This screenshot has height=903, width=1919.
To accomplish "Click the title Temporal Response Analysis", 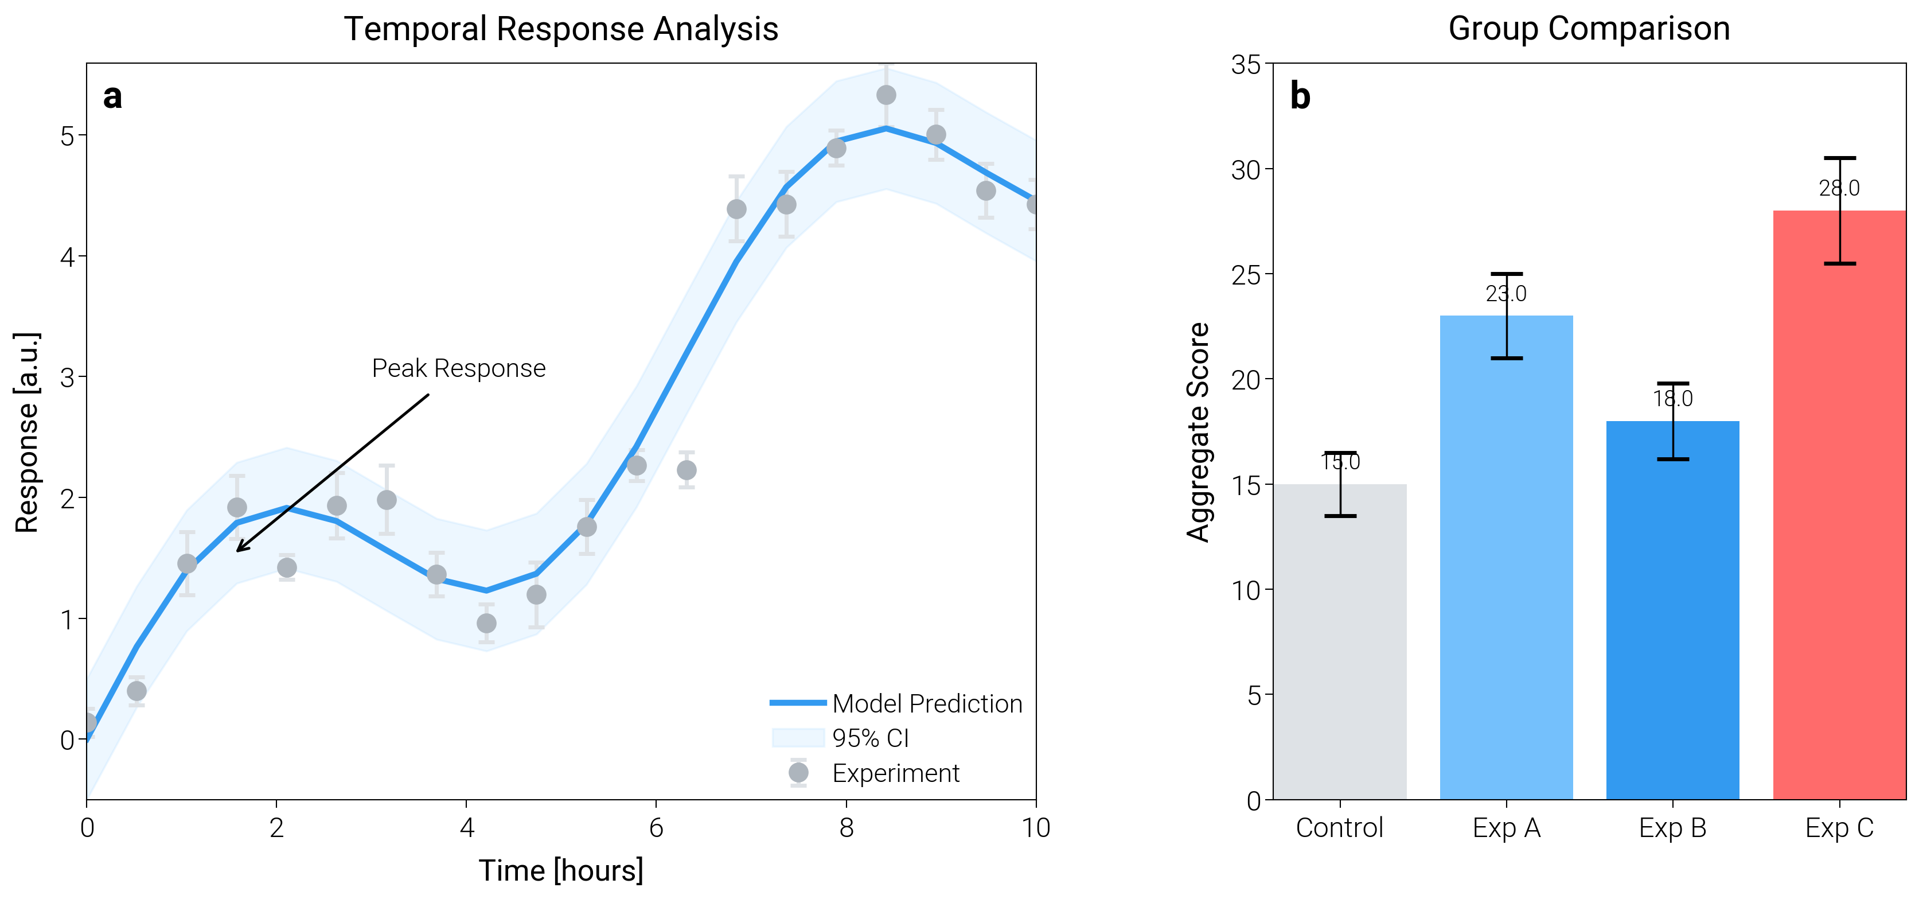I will pyautogui.click(x=560, y=30).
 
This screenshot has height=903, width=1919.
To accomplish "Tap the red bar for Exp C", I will pyautogui.click(x=1839, y=521).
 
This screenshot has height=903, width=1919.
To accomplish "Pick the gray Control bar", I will pyautogui.click(x=1340, y=648).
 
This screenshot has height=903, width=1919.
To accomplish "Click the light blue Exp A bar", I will pyautogui.click(x=1506, y=566).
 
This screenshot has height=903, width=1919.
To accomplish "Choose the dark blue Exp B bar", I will pyautogui.click(x=1672, y=618).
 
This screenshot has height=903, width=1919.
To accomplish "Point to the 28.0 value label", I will pyautogui.click(x=1839, y=189).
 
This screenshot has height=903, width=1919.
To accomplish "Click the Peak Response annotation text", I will pyautogui.click(x=458, y=368).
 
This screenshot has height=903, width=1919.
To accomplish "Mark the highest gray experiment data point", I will pyautogui.click(x=886, y=95).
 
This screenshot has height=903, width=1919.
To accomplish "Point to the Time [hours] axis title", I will pyautogui.click(x=560, y=870).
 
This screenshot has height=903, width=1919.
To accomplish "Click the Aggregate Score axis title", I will pyautogui.click(x=1198, y=431).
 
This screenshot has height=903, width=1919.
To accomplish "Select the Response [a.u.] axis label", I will pyautogui.click(x=27, y=431).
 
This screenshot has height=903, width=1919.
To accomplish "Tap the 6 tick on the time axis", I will pyautogui.click(x=656, y=828).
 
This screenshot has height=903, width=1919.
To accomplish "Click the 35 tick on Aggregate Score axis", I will pyautogui.click(x=1246, y=65).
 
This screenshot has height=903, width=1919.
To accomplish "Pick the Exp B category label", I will pyautogui.click(x=1672, y=828).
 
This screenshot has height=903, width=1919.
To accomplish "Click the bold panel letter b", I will pyautogui.click(x=1300, y=97).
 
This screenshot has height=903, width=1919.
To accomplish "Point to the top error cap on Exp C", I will pyautogui.click(x=1839, y=158).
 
